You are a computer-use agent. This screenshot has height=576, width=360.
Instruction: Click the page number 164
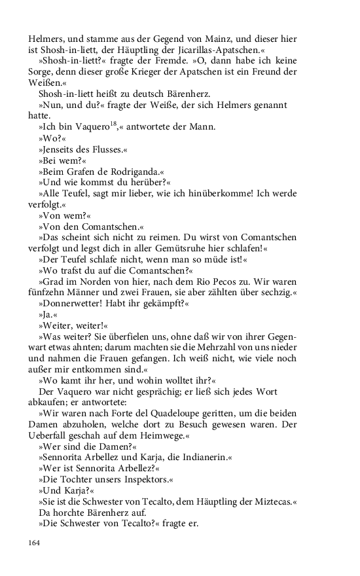(x=34, y=543)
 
